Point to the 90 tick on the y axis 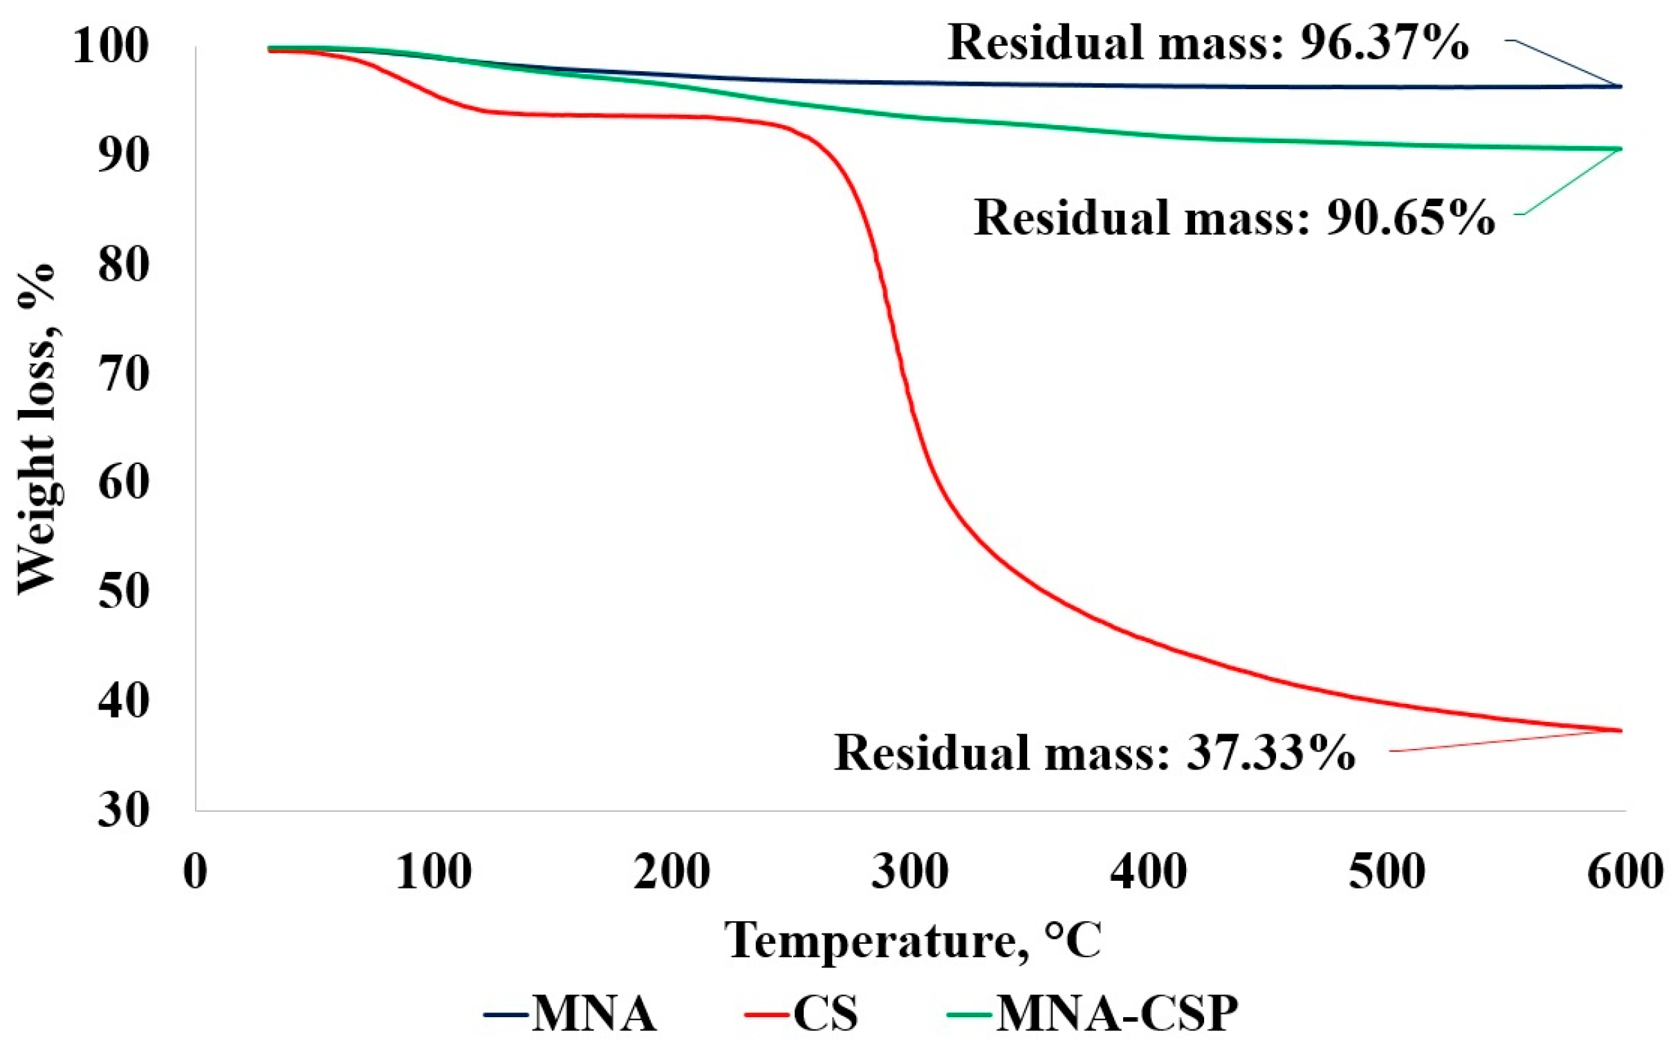[124, 157]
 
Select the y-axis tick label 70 [124, 375]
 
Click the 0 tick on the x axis [196, 872]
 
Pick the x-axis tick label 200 [672, 872]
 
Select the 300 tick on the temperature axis [910, 872]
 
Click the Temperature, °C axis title [913, 940]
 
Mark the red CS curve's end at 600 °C [1621, 730]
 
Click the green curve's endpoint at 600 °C [1621, 149]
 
